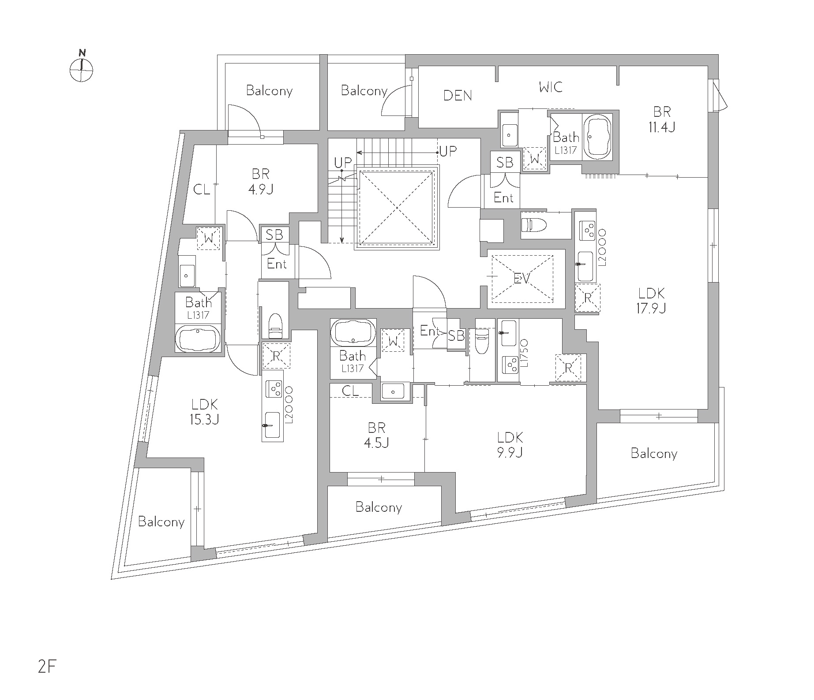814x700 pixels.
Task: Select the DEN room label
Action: coord(458,95)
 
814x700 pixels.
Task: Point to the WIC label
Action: coord(551,87)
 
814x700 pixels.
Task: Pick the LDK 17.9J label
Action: coord(651,300)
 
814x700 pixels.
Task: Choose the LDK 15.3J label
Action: coord(204,411)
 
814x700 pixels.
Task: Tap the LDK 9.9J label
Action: coord(510,444)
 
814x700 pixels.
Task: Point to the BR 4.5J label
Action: coord(376,435)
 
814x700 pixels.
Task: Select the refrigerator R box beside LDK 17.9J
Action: coord(587,298)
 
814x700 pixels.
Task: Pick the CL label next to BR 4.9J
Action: coord(202,190)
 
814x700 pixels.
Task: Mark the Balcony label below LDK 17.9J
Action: coord(654,454)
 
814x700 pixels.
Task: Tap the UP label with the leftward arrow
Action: coord(447,152)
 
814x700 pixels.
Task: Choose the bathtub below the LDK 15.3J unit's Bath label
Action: coord(198,339)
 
